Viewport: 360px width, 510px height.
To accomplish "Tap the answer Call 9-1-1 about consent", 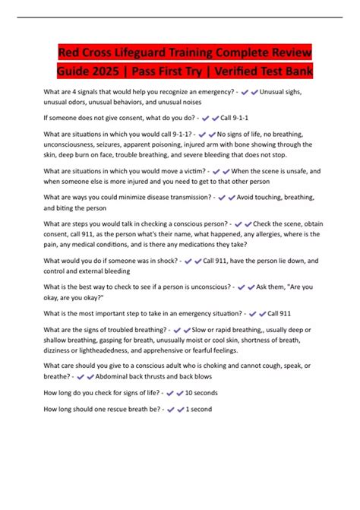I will [235, 119].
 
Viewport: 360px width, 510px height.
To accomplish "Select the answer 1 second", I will [199, 409].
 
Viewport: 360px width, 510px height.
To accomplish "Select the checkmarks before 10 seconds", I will [175, 393].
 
